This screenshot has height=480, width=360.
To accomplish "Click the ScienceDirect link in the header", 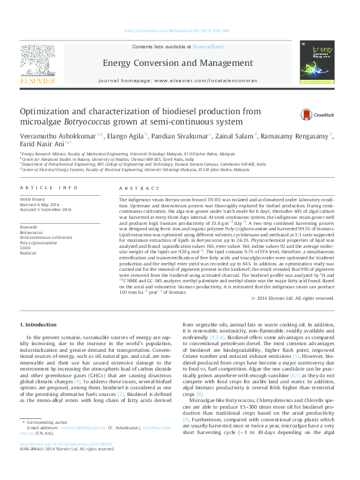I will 208,47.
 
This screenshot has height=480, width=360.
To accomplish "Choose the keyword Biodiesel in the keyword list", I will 28,253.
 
